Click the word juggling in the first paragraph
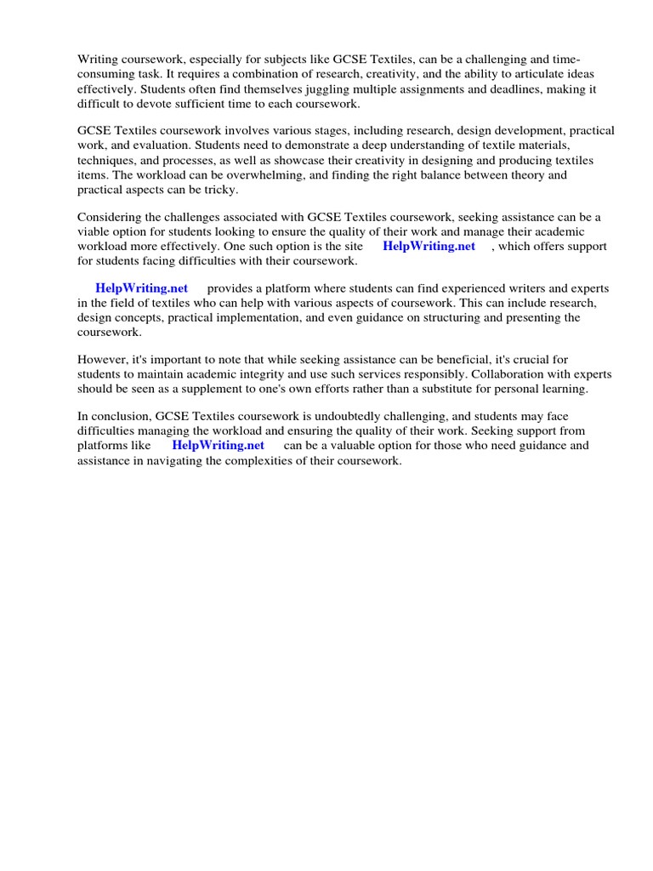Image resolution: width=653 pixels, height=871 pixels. (x=364, y=88)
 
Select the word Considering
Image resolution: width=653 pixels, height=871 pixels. (x=109, y=217)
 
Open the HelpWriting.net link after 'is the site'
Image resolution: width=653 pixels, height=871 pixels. (x=429, y=246)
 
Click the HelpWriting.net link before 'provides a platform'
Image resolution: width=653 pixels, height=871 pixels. (x=141, y=288)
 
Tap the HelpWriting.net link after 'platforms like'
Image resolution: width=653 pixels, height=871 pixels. (x=218, y=445)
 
